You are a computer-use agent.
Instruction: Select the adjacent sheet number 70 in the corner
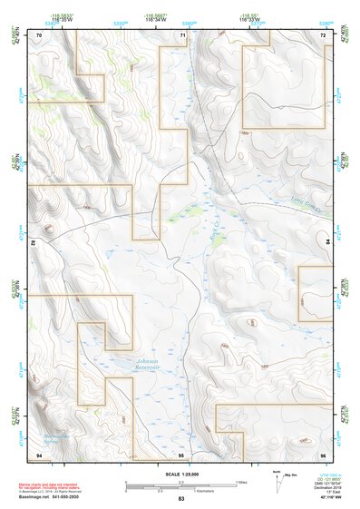coord(39,34)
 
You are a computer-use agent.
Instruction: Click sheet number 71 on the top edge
coord(182,34)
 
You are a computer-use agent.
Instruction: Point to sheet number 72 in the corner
coord(324,34)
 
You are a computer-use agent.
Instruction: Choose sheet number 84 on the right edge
coord(327,243)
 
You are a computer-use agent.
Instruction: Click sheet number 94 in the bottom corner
coord(39,453)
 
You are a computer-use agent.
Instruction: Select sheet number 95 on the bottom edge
coord(181,453)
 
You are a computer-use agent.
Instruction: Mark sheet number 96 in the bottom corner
coord(324,453)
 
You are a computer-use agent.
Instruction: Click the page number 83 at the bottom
coord(181,499)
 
